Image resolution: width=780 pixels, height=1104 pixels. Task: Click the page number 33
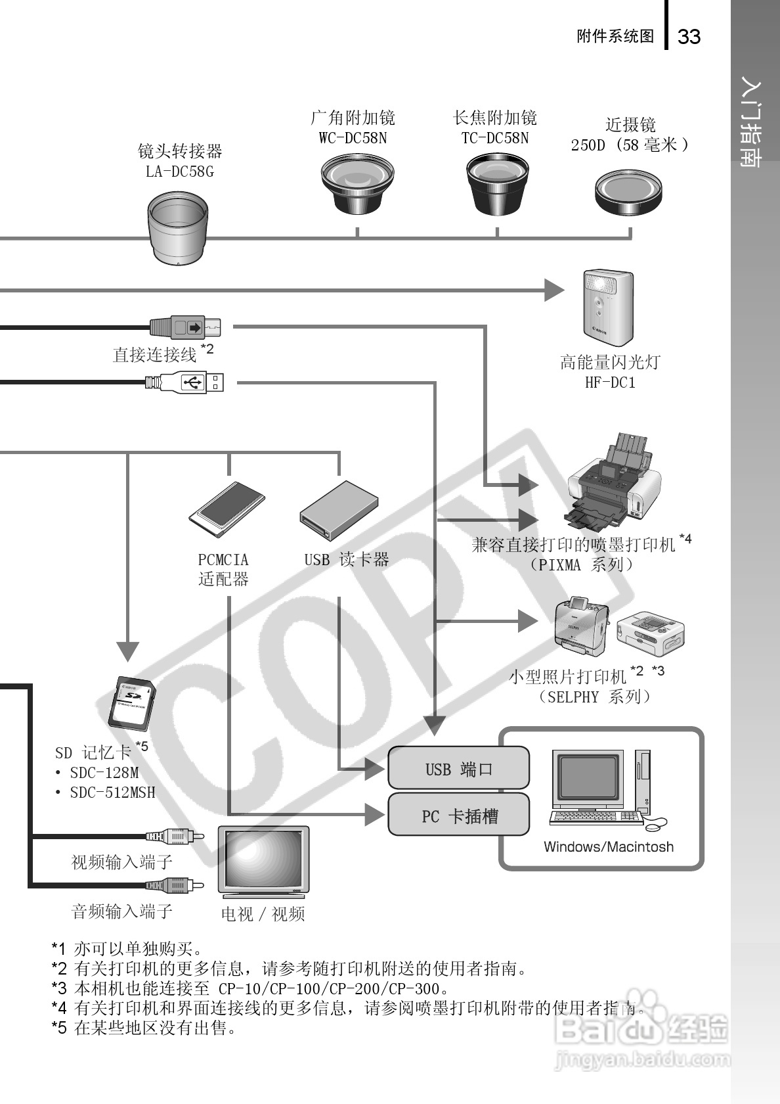(x=689, y=37)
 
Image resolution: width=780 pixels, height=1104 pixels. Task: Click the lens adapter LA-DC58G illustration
(x=177, y=227)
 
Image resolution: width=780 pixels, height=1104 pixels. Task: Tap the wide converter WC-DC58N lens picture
(x=357, y=184)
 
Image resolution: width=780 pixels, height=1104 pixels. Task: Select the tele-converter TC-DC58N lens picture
(x=497, y=184)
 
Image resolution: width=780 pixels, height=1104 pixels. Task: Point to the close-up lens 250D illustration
(x=628, y=191)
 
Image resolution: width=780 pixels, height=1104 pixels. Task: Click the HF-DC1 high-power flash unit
(x=608, y=308)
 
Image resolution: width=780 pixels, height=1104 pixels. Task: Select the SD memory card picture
(x=133, y=703)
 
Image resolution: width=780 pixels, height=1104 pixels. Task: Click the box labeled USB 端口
(x=458, y=768)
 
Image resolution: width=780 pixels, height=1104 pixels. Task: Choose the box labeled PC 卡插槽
(x=458, y=816)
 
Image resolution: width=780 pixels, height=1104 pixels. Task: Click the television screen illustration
(x=264, y=858)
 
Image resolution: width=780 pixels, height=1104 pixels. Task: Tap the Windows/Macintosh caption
(x=608, y=847)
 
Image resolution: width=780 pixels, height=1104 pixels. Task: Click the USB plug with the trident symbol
(x=194, y=382)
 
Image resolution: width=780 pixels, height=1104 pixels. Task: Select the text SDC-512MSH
(x=112, y=793)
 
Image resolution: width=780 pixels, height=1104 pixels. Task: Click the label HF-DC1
(x=610, y=382)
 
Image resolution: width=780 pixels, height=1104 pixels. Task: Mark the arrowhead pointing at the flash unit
(x=555, y=290)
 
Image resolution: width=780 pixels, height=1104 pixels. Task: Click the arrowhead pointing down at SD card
(x=127, y=651)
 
